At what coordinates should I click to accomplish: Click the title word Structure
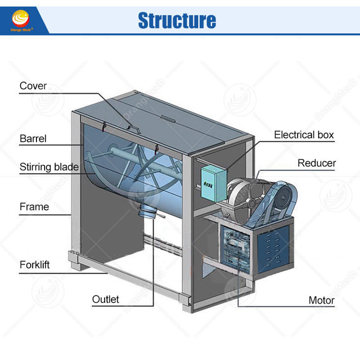pyautogui.click(x=177, y=20)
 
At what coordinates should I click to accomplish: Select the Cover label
pyautogui.click(x=33, y=85)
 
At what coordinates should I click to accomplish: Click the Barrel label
pyautogui.click(x=33, y=138)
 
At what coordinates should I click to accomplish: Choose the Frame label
pyautogui.click(x=34, y=207)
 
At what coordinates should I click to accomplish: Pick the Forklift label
pyautogui.click(x=35, y=265)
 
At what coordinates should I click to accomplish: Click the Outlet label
pyautogui.click(x=105, y=299)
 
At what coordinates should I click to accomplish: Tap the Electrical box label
pyautogui.click(x=304, y=135)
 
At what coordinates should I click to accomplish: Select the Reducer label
pyautogui.click(x=317, y=163)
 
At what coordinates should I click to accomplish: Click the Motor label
pyautogui.click(x=321, y=300)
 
